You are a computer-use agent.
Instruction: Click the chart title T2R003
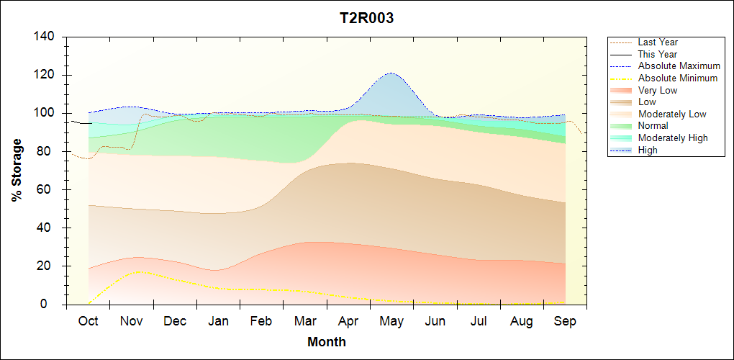[x=366, y=19]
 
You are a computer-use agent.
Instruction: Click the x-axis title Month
[x=326, y=342]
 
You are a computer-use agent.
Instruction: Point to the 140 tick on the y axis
[x=46, y=37]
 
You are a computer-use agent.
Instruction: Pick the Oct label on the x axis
[x=88, y=321]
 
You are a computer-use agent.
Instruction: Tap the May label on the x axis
[x=391, y=321]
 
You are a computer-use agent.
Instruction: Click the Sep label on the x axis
[x=565, y=321]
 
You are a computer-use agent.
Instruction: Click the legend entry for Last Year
[x=657, y=42]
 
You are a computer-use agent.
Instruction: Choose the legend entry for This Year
[x=657, y=54]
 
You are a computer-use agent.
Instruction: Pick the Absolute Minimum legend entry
[x=677, y=78]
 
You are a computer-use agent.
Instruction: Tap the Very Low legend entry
[x=658, y=90]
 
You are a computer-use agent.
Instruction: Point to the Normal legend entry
[x=653, y=126]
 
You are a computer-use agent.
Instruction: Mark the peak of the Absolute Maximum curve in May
[x=391, y=73]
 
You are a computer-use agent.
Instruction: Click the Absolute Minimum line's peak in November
[x=141, y=272]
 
